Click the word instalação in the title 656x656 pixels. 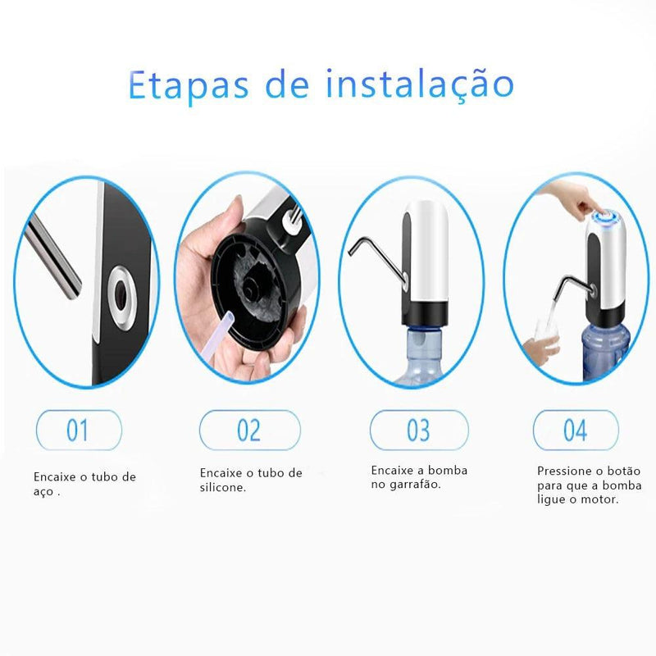419,84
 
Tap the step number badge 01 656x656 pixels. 79,430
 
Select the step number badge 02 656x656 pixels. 249,430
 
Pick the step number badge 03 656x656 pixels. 418,430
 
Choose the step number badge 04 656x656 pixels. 575,430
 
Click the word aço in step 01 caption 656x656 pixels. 43,493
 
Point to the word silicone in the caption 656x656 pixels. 222,487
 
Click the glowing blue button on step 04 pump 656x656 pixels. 608,217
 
